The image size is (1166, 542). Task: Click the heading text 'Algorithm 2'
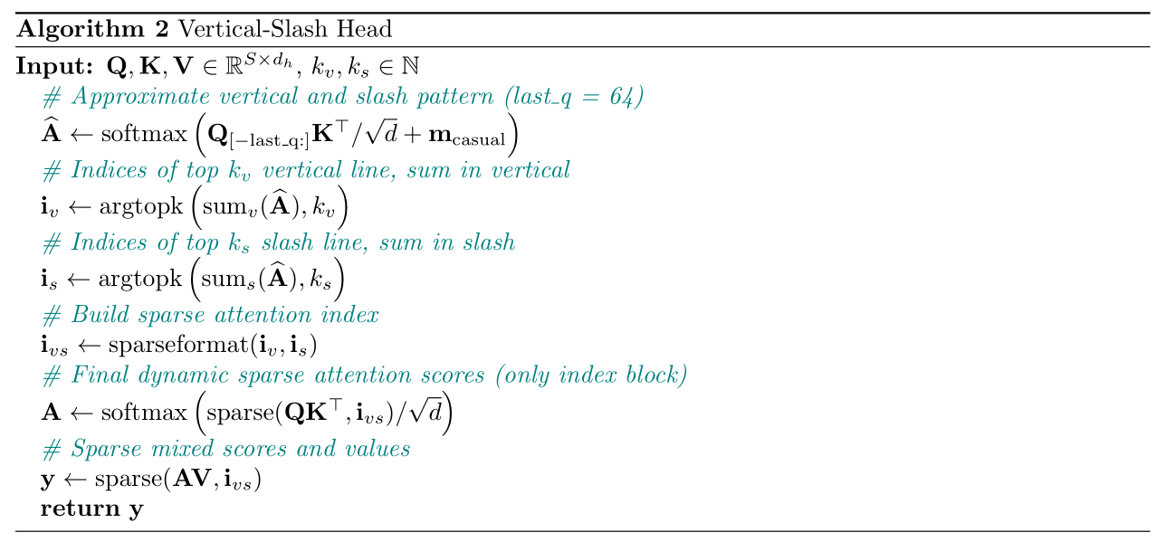(x=92, y=29)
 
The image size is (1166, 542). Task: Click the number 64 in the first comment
(x=615, y=97)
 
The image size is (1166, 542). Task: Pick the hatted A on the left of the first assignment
(x=50, y=133)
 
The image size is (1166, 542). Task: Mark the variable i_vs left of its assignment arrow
(x=54, y=347)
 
